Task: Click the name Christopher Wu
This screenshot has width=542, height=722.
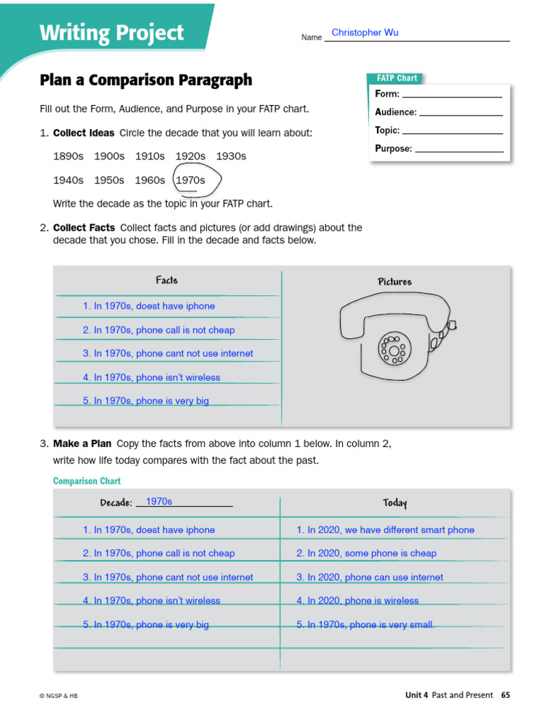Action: click(x=365, y=32)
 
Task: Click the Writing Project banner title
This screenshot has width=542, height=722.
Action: click(x=112, y=33)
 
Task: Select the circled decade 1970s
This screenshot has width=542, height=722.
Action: click(x=191, y=180)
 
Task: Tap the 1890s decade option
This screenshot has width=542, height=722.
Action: click(x=68, y=156)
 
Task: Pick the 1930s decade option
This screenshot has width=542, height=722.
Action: click(x=231, y=156)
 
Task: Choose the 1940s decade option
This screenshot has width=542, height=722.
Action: click(x=68, y=180)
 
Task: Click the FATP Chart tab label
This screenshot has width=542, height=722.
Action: click(x=397, y=78)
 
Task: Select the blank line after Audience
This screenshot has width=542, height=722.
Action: click(x=461, y=113)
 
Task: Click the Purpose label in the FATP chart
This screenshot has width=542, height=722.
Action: click(x=393, y=149)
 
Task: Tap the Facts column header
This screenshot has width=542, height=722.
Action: click(x=167, y=281)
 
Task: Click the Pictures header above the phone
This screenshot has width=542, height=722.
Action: click(x=395, y=282)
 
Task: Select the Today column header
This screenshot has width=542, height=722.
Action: click(x=395, y=503)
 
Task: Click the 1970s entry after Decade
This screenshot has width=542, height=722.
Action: click(x=159, y=501)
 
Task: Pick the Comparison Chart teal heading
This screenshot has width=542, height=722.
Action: click(x=87, y=481)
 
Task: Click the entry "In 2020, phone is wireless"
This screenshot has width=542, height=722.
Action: click(x=358, y=601)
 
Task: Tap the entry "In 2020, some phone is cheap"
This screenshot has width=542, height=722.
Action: click(x=366, y=553)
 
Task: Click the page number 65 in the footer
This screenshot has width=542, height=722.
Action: click(x=505, y=695)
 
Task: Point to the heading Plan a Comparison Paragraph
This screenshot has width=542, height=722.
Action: click(x=146, y=80)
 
